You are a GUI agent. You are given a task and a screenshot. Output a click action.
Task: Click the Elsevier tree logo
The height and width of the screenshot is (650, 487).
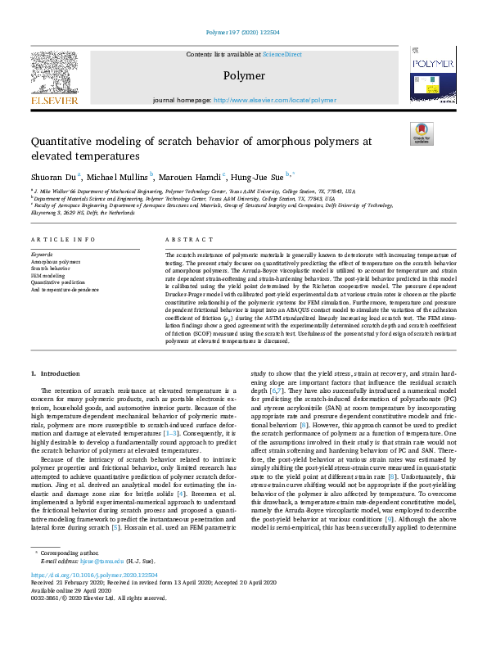click(55, 78)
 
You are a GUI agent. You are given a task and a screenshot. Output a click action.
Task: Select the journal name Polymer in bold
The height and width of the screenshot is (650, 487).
click(244, 76)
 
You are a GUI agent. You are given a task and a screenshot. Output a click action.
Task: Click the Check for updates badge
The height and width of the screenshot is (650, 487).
click(422, 134)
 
